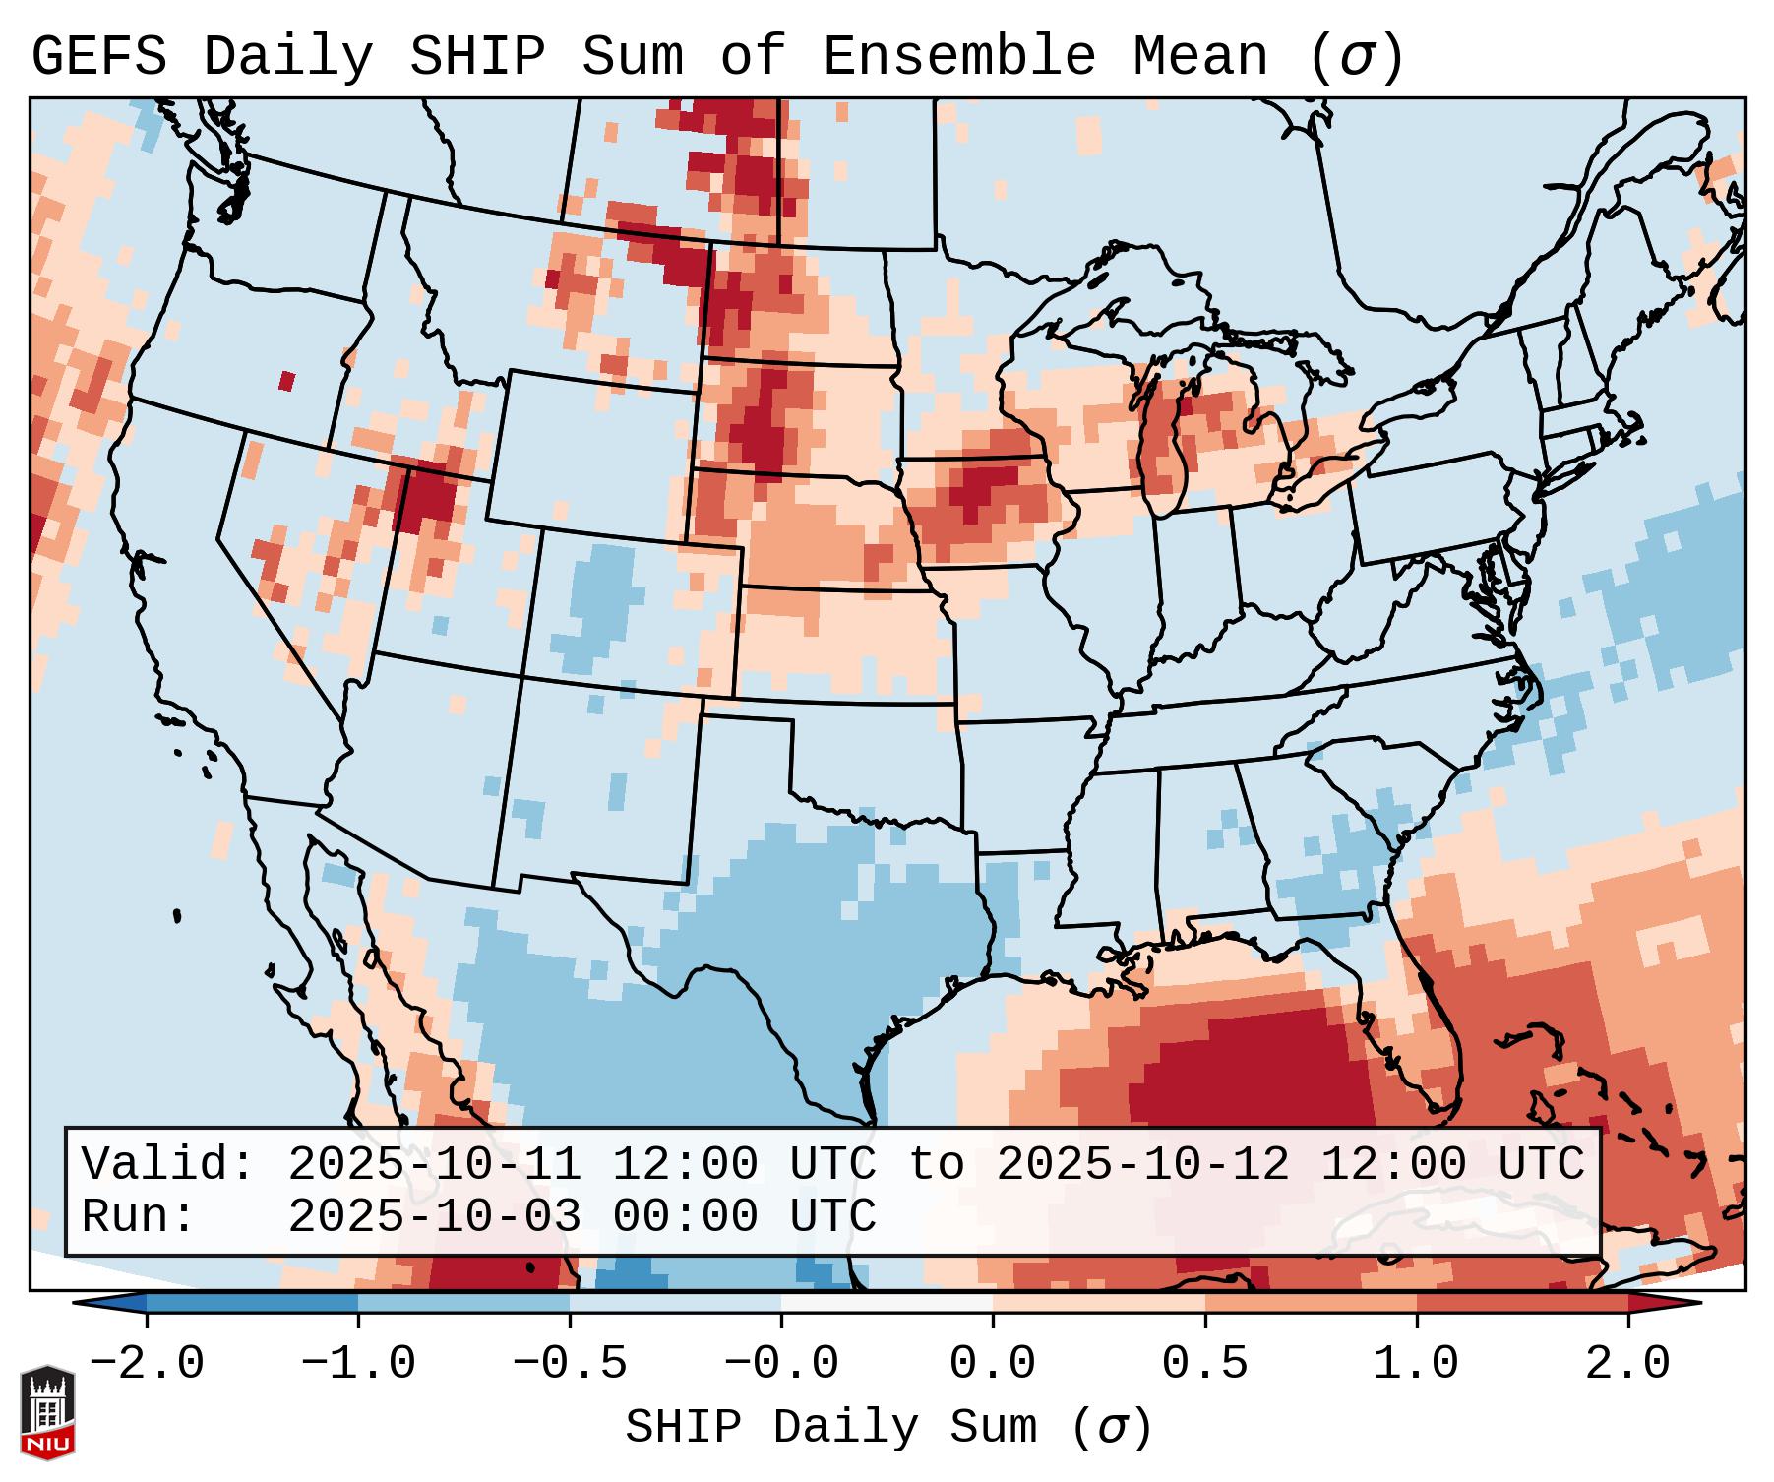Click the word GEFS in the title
(98, 57)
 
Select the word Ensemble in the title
(957, 57)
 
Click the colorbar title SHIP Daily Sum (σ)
(887, 1428)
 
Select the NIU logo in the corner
(47, 1411)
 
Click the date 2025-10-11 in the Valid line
(434, 1165)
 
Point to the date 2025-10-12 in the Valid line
(1142, 1165)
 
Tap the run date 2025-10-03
(434, 1217)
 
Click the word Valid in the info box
(160, 1165)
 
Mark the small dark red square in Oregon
(286, 381)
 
